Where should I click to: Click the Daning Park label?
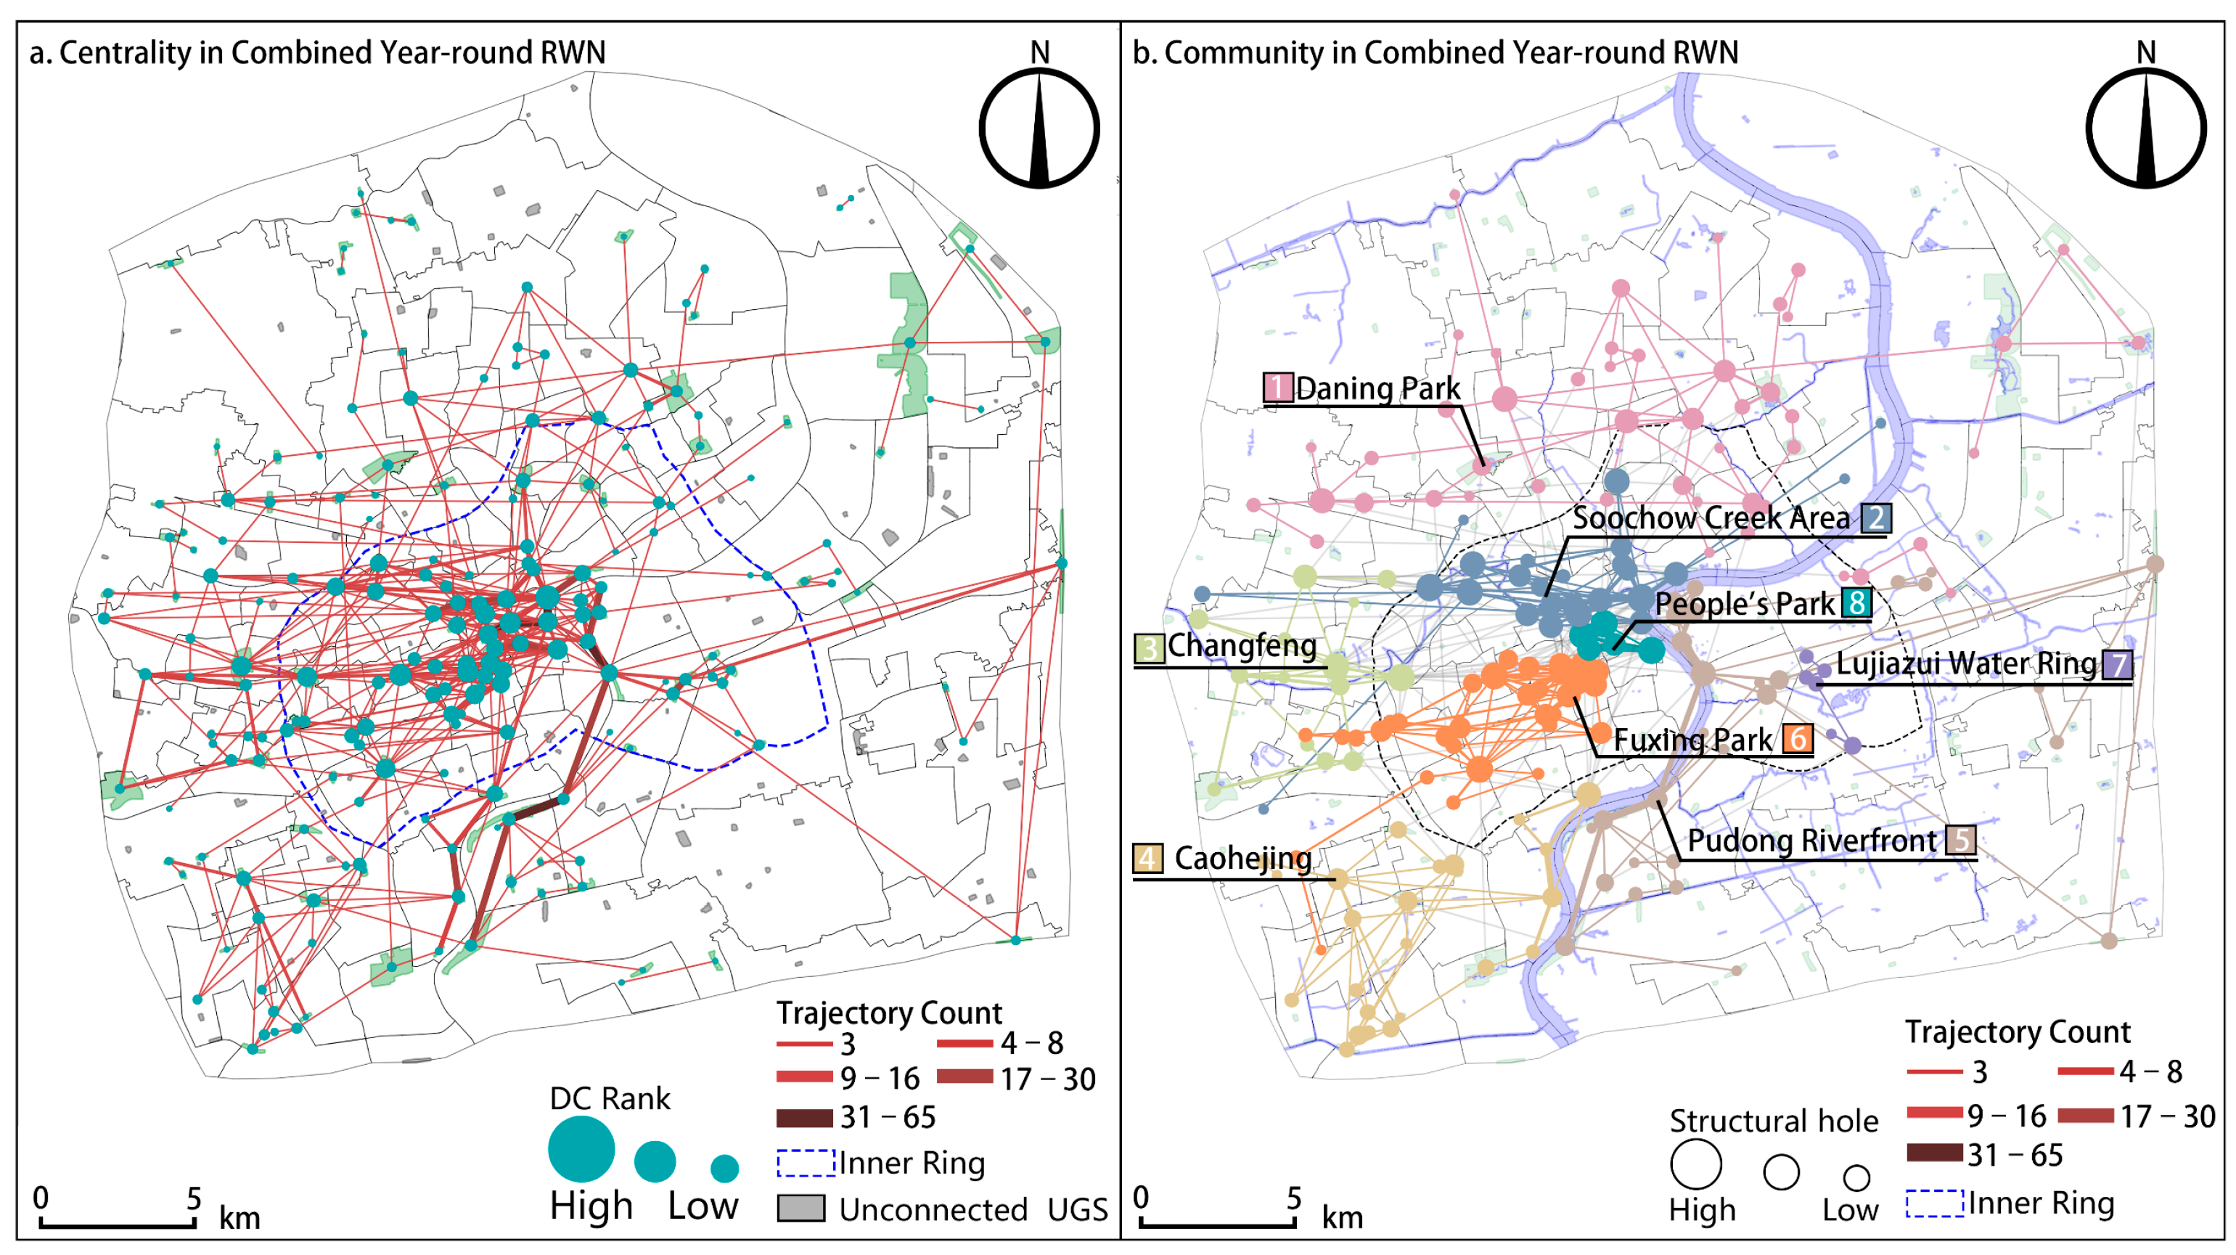tap(1377, 388)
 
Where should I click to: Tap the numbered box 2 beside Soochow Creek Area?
tap(1876, 518)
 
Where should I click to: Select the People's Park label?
tap(1744, 604)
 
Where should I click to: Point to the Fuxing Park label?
tap(1692, 740)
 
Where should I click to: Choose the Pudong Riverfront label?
tap(1811, 840)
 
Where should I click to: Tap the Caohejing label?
tap(1242, 859)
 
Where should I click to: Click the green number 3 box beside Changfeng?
tap(1148, 647)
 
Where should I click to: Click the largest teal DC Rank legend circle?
tap(581, 1149)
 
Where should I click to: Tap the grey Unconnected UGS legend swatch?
tap(800, 1208)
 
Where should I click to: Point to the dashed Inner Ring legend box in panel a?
tap(806, 1163)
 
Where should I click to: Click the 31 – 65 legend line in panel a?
tap(804, 1117)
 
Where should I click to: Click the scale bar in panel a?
tap(117, 1223)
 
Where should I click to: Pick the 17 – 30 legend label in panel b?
tap(2168, 1116)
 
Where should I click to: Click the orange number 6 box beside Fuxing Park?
tap(1798, 739)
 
